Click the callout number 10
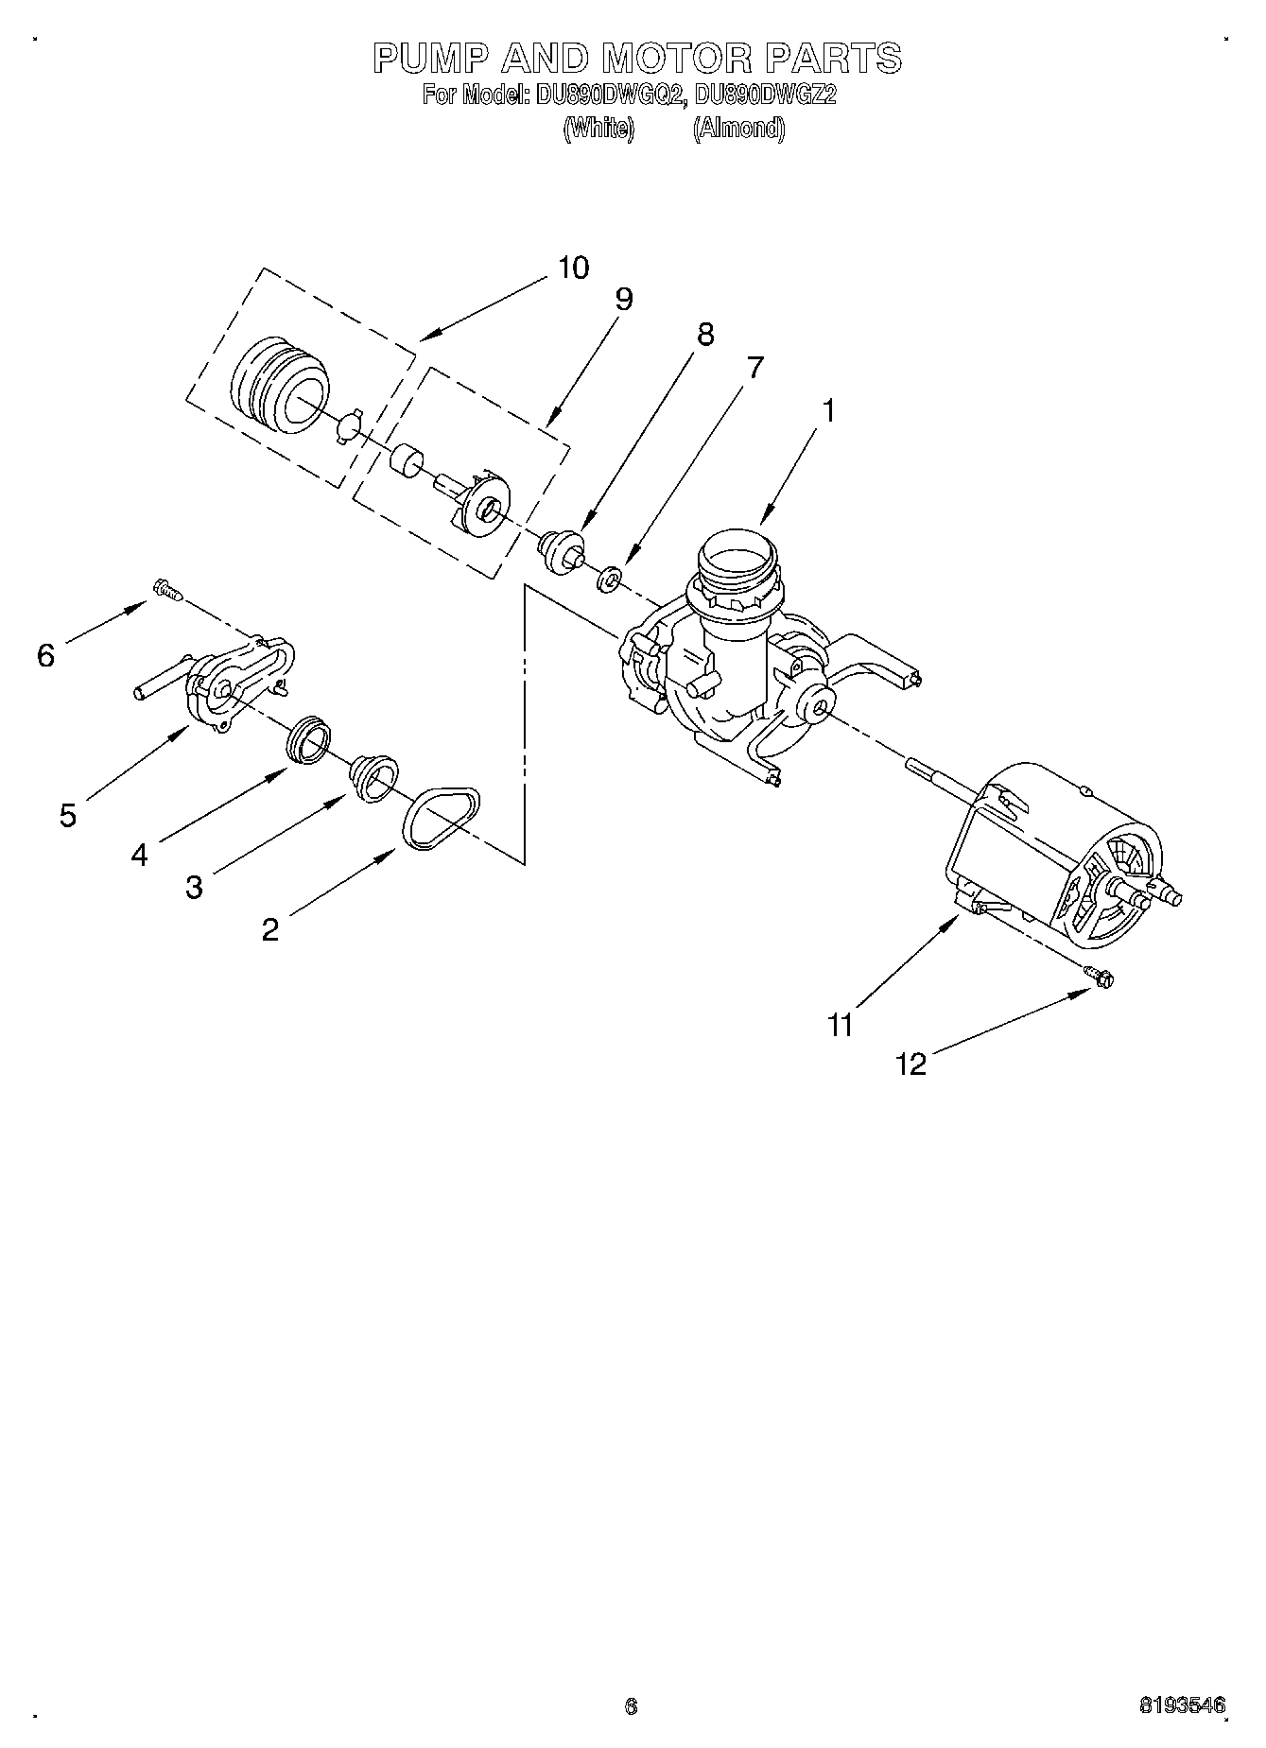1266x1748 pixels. point(573,268)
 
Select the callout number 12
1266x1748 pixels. point(911,1064)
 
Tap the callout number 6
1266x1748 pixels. point(45,655)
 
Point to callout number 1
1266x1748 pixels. point(828,411)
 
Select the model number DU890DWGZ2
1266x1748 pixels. point(765,95)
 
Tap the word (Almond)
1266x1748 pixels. point(738,129)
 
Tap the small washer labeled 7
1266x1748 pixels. point(610,578)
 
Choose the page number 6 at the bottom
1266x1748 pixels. point(631,1706)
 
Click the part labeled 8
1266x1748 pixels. point(561,550)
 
